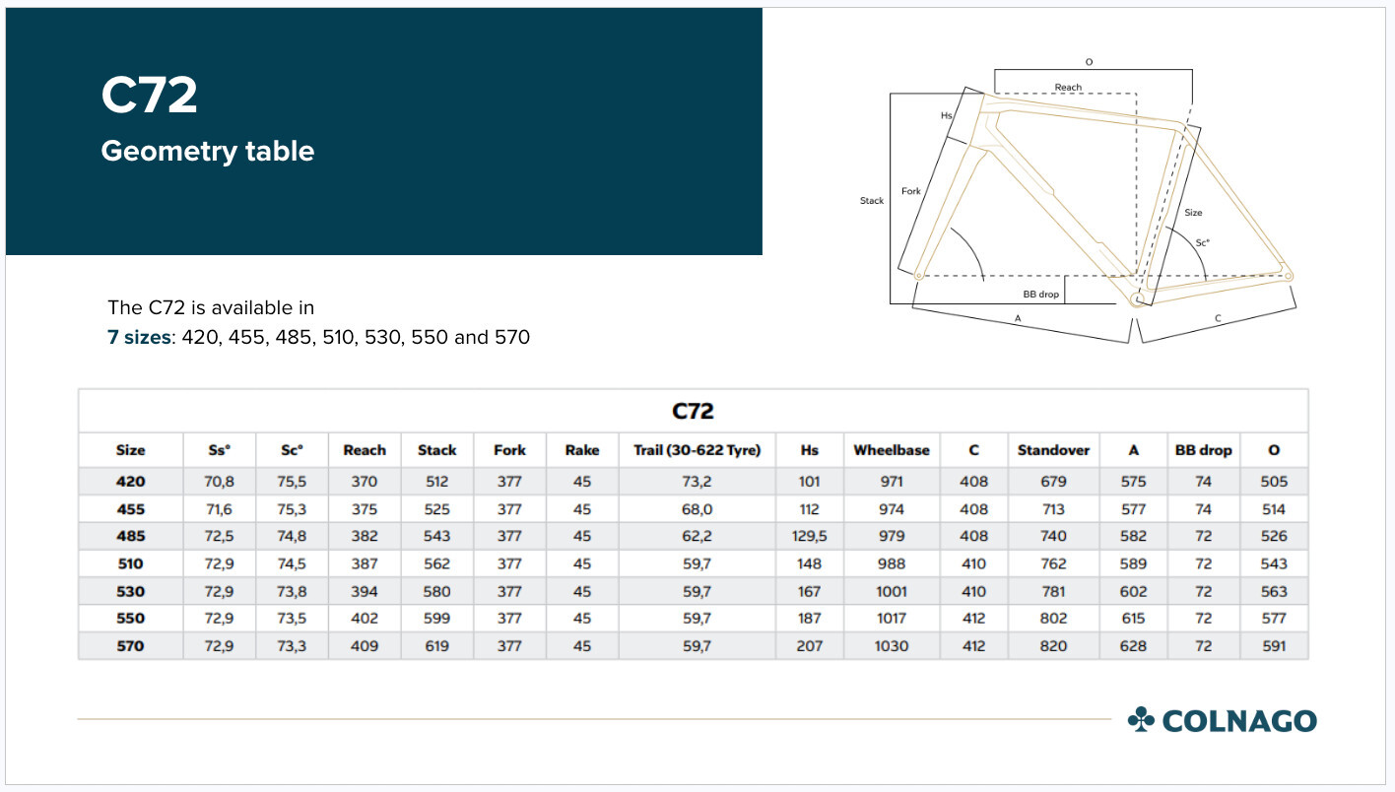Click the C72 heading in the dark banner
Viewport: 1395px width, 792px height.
point(150,97)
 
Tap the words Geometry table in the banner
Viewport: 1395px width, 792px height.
point(208,151)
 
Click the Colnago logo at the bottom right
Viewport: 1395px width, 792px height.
point(1222,720)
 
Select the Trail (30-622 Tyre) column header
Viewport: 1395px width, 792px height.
point(697,450)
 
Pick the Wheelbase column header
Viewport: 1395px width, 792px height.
point(891,450)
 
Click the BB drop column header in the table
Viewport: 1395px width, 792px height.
point(1203,450)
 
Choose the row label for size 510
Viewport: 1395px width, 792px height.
point(130,564)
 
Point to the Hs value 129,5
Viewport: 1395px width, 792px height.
point(809,537)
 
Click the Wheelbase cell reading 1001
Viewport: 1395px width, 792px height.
point(891,592)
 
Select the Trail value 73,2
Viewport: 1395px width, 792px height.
point(697,483)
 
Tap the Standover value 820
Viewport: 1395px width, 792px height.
point(1053,646)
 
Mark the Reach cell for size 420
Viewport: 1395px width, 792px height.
point(364,483)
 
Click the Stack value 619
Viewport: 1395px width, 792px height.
point(436,646)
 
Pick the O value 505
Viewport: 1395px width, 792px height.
point(1274,483)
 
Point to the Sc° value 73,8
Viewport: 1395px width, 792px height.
point(292,592)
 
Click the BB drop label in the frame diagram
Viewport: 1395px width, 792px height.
point(1040,295)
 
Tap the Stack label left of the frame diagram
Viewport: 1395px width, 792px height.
point(872,201)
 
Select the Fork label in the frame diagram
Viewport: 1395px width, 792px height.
point(911,191)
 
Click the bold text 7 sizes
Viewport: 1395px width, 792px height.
point(139,338)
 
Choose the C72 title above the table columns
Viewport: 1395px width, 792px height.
point(693,411)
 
